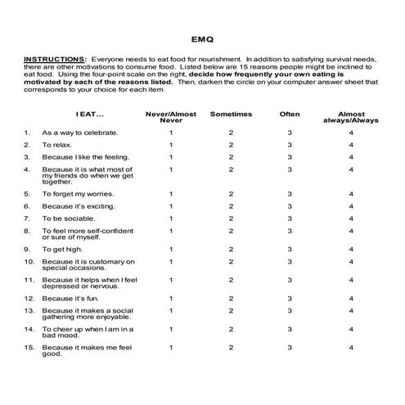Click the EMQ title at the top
[x=201, y=37]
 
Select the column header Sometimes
[x=231, y=114]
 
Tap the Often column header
[x=289, y=114]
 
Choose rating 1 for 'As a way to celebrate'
[x=171, y=132]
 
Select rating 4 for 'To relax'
[x=351, y=144]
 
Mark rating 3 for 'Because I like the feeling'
[x=289, y=156]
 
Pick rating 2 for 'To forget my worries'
[x=231, y=194]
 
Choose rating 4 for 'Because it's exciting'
[x=351, y=206]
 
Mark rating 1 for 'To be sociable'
[x=171, y=218]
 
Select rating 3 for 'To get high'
[x=289, y=249]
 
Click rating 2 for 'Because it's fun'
[x=231, y=299]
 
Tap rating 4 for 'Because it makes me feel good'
[x=351, y=348]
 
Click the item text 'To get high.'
[x=65, y=249]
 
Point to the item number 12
[x=29, y=299]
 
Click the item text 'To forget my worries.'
[x=80, y=194]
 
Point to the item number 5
[x=27, y=194]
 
